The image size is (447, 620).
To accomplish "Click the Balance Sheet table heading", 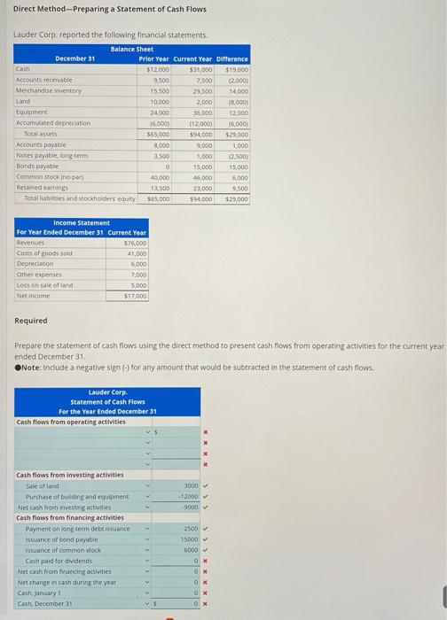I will [132, 49].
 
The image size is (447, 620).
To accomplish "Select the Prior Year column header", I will [153, 58].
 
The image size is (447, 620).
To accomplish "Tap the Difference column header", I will [232, 58].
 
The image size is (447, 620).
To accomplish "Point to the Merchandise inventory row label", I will [49, 90].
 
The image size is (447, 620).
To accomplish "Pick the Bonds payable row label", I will [37, 166].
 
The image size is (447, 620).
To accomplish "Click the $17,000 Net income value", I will [135, 296].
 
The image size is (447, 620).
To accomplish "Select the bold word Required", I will [31, 321].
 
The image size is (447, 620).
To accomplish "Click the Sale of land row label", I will [43, 485].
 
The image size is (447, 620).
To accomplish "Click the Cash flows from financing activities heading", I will [70, 517].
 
